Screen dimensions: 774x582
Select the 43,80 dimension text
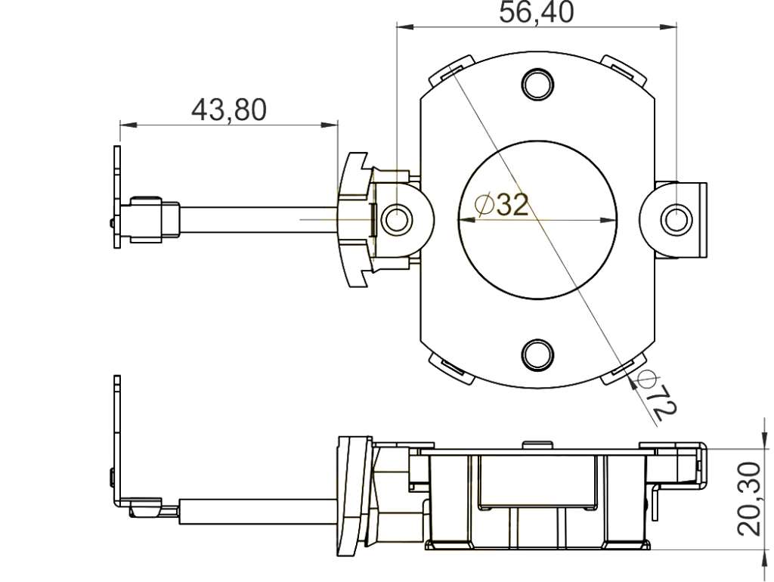(x=228, y=110)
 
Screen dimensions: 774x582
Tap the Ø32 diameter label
(x=501, y=203)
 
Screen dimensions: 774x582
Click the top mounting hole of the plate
(x=537, y=84)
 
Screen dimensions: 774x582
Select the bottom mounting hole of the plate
(x=537, y=354)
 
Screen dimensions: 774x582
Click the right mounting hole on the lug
(x=676, y=219)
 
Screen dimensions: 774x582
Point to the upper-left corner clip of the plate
(x=450, y=70)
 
